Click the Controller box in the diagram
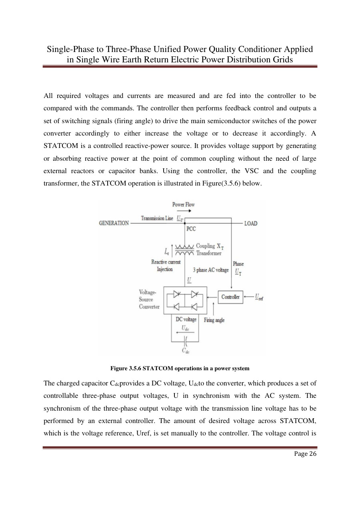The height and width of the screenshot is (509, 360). (230, 297)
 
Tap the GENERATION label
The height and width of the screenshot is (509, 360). (114, 223)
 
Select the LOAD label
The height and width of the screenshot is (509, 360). (251, 223)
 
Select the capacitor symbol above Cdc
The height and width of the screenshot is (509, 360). (186, 341)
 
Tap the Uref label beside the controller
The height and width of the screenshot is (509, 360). (259, 297)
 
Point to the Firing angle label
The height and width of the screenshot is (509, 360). (214, 320)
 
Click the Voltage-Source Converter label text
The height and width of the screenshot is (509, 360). (149, 299)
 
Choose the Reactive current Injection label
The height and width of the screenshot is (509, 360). (165, 266)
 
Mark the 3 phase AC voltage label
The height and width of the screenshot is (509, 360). (211, 270)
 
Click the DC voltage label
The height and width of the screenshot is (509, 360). (186, 319)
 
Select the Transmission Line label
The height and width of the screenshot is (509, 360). (157, 218)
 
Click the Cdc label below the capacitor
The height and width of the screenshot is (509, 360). (186, 351)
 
